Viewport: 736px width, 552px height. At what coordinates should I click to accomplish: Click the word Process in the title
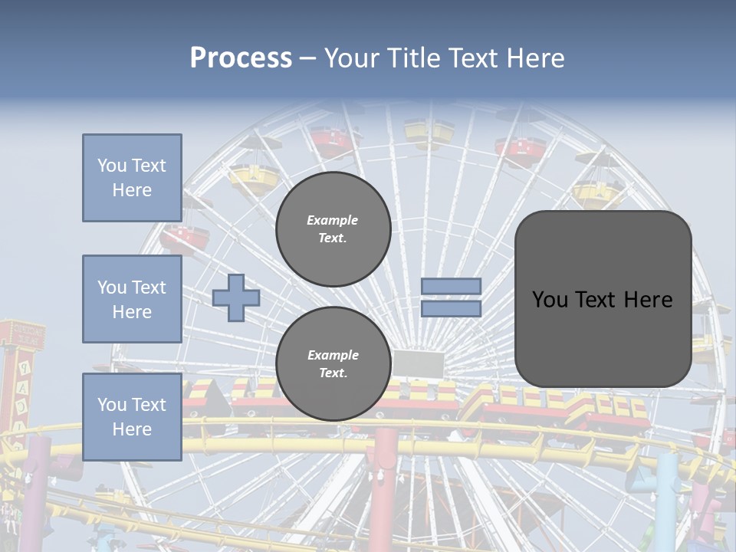point(241,58)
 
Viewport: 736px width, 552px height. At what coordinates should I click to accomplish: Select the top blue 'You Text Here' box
point(132,178)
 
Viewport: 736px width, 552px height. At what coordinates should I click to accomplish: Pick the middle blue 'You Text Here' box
point(132,299)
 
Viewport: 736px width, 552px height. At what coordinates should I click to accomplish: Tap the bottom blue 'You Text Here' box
point(132,416)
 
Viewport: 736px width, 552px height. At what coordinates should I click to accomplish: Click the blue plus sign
point(236,298)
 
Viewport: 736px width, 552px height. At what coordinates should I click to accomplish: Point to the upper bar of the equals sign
point(451,286)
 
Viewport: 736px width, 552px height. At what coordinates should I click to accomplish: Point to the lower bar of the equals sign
point(451,308)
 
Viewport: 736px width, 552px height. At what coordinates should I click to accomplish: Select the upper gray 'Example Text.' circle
point(333,229)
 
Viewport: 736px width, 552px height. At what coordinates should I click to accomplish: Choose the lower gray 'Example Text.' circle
point(333,364)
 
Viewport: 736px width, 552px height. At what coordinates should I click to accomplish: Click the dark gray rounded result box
point(603,299)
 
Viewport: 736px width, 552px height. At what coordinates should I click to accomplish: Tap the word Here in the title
point(534,58)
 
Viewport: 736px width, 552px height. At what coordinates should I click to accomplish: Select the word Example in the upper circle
point(332,220)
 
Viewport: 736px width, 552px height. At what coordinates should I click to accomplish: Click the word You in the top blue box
point(111,166)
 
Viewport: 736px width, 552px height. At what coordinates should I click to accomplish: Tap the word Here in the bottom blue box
point(132,429)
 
